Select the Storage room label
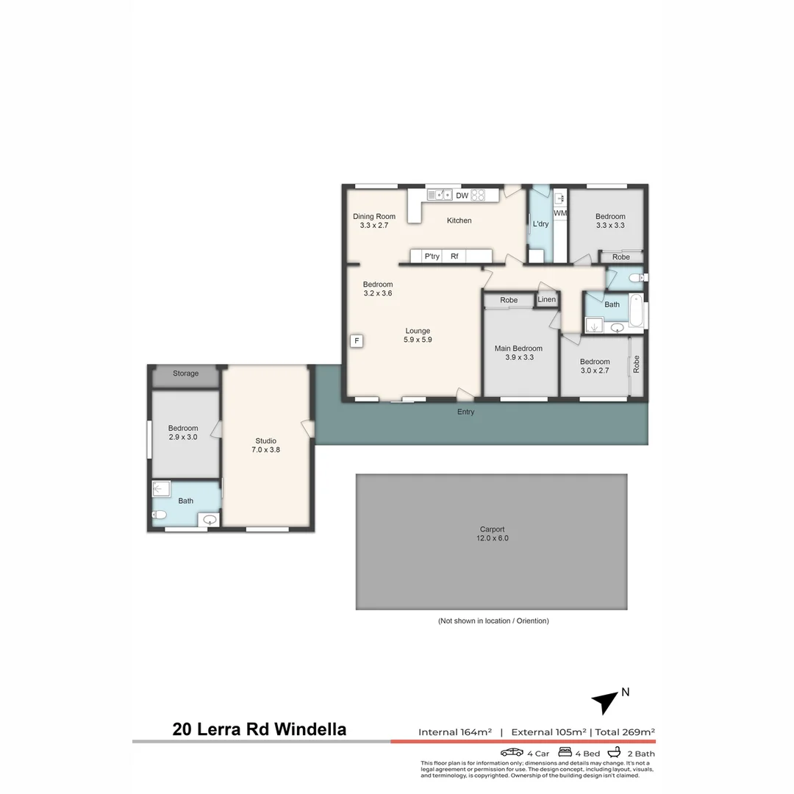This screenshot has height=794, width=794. click(x=185, y=373)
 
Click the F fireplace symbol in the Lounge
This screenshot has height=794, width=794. click(x=357, y=341)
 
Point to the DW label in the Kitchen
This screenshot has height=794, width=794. click(x=462, y=196)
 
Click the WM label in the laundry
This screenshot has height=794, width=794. click(x=560, y=213)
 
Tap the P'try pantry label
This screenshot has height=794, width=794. click(x=432, y=257)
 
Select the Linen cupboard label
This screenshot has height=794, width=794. click(x=546, y=299)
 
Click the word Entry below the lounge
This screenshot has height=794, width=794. click(x=465, y=412)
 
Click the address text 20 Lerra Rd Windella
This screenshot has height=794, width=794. click(x=259, y=729)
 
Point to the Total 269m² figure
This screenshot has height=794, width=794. click(x=625, y=732)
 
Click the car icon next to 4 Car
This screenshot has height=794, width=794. click(x=512, y=752)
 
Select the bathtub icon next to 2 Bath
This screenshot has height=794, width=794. click(x=615, y=752)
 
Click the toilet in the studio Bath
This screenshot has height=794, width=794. click(x=157, y=515)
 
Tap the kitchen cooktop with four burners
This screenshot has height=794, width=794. click(x=478, y=195)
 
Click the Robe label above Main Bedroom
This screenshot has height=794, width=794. click(x=509, y=300)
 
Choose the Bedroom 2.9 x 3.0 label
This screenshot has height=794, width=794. click(x=182, y=432)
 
